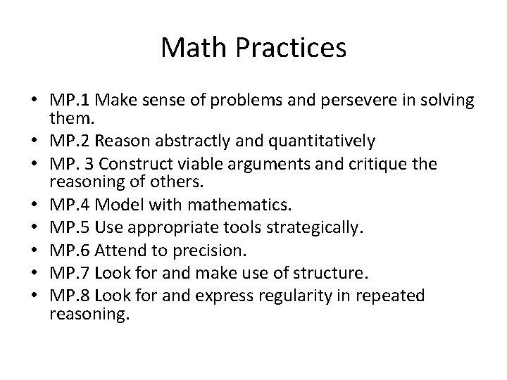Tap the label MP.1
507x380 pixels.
[68, 100]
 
